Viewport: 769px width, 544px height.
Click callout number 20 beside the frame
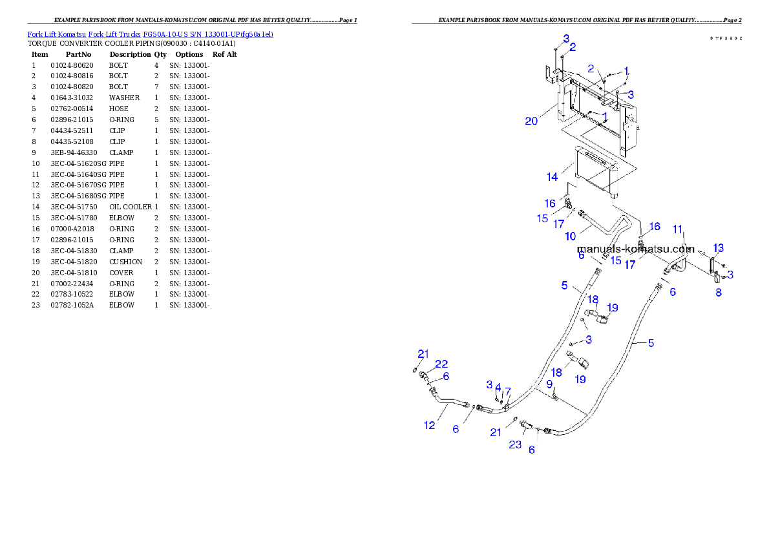coord(531,121)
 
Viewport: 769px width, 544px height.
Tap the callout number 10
coord(571,237)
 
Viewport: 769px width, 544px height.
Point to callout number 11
coord(678,229)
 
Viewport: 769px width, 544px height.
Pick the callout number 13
coord(719,247)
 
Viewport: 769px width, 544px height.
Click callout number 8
coord(719,292)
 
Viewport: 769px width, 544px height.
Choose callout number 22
coord(441,364)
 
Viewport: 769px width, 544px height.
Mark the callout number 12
coord(430,425)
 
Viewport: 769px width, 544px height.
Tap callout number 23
coord(515,445)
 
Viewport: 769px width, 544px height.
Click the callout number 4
coord(498,386)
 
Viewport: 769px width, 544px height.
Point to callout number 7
coord(508,392)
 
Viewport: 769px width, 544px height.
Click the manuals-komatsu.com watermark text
coord(635,249)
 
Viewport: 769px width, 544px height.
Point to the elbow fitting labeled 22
coord(425,376)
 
